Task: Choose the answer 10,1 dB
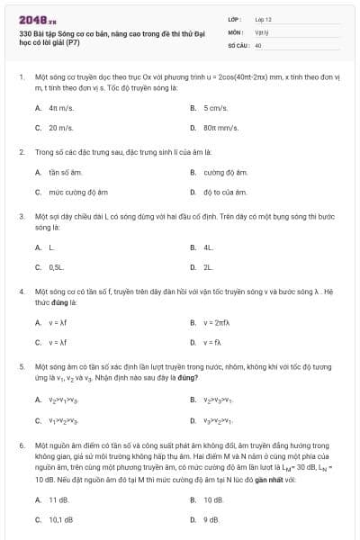[x=60, y=519]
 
